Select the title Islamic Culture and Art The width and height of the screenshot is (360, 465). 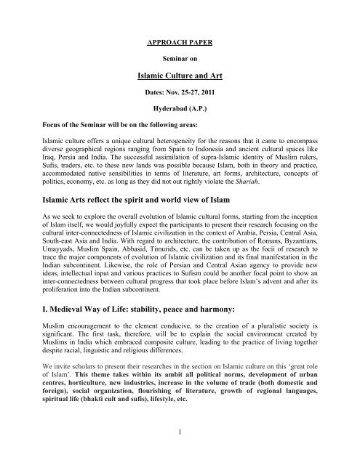[x=180, y=73]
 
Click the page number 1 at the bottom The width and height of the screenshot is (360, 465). [x=180, y=454]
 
